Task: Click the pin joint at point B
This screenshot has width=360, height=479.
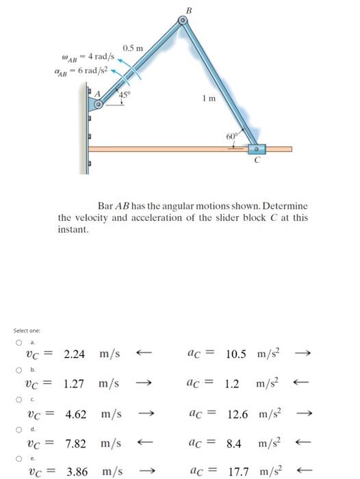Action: [182, 22]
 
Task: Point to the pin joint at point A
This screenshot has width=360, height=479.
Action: [99, 105]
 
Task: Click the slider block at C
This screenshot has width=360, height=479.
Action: [257, 148]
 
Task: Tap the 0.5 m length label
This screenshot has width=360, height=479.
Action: [132, 48]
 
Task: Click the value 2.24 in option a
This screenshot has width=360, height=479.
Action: [74, 354]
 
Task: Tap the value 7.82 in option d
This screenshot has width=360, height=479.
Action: [75, 444]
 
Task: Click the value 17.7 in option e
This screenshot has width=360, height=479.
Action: [240, 473]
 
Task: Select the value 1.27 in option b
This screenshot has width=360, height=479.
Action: [75, 384]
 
